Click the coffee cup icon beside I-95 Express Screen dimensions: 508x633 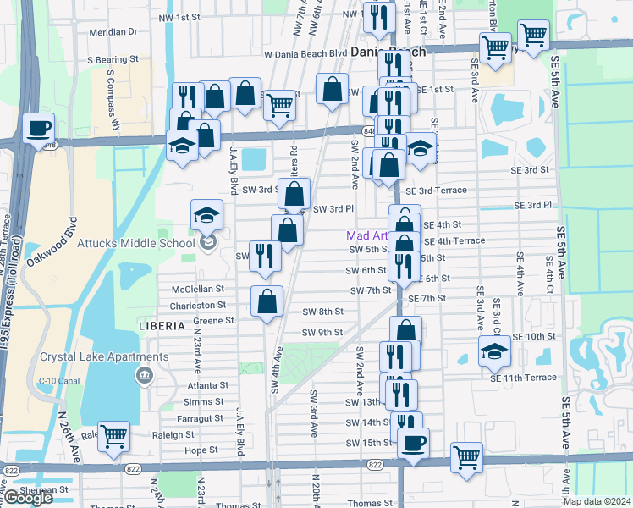pyautogui.click(x=39, y=130)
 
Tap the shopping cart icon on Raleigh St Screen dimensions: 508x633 pyautogui.click(x=113, y=438)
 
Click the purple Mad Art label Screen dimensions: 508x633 pyautogui.click(x=366, y=235)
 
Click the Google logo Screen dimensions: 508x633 pyautogui.click(x=29, y=499)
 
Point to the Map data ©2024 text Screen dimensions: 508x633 pyautogui.click(x=597, y=501)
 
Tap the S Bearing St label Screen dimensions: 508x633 pyautogui.click(x=113, y=60)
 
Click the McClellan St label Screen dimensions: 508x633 pyautogui.click(x=198, y=290)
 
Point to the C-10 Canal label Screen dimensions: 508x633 pyautogui.click(x=52, y=382)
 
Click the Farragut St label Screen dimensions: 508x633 pyautogui.click(x=201, y=418)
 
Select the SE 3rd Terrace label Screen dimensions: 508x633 pyautogui.click(x=435, y=190)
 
